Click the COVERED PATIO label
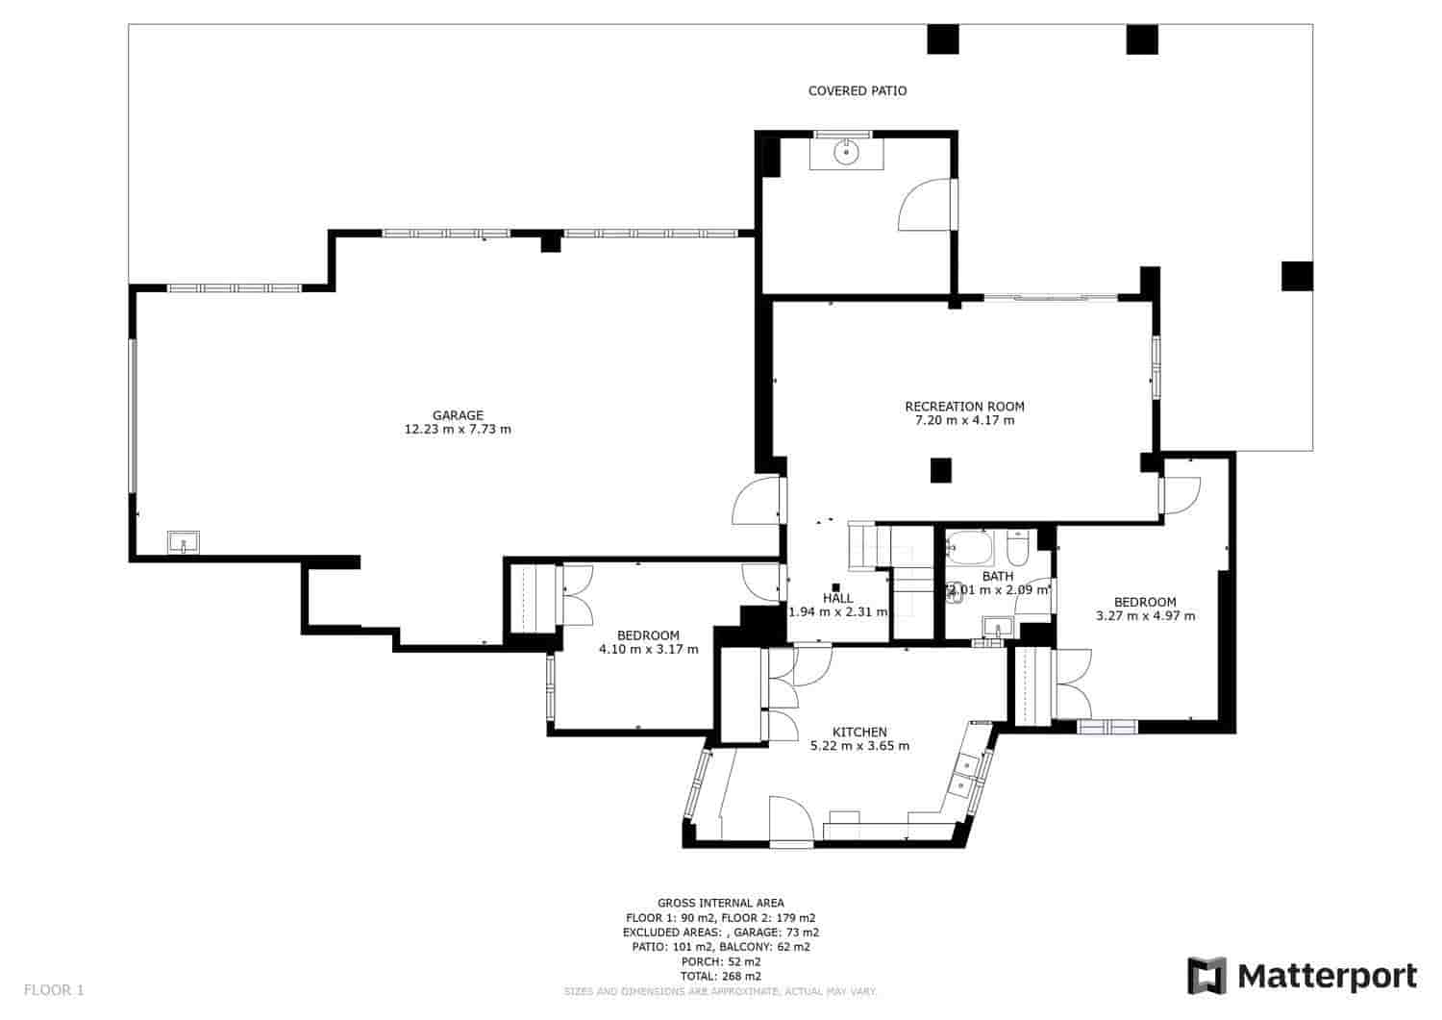coord(857,91)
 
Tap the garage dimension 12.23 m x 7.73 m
coord(458,430)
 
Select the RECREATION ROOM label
coord(964,407)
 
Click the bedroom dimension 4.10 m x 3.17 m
coord(648,650)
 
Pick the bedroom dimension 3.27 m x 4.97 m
coord(1145,616)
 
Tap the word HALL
coord(837,598)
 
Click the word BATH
coord(997,577)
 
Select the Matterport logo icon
coord(1207,976)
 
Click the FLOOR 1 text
coord(54,989)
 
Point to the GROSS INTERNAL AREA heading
coord(720,903)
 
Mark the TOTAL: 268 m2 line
coord(720,976)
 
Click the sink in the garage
coord(183,543)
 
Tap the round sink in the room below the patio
coord(846,152)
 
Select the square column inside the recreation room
coord(941,470)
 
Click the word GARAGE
coord(458,415)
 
